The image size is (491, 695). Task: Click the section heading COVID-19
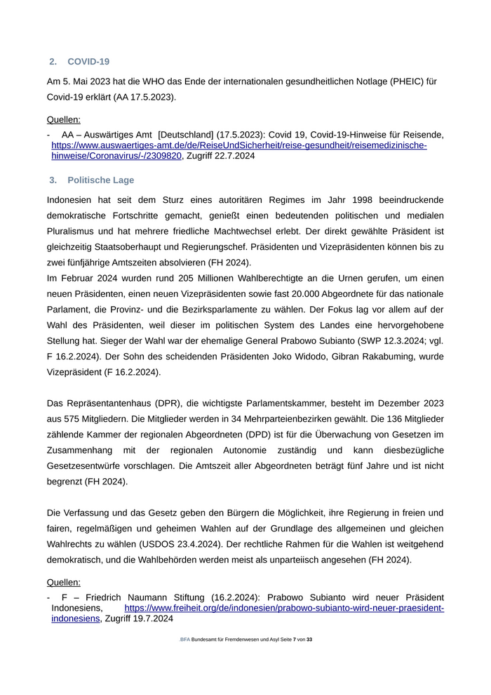point(88,62)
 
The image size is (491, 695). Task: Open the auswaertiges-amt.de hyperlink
point(238,145)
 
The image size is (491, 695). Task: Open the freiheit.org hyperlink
point(283,608)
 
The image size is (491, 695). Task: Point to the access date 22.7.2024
point(235,156)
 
